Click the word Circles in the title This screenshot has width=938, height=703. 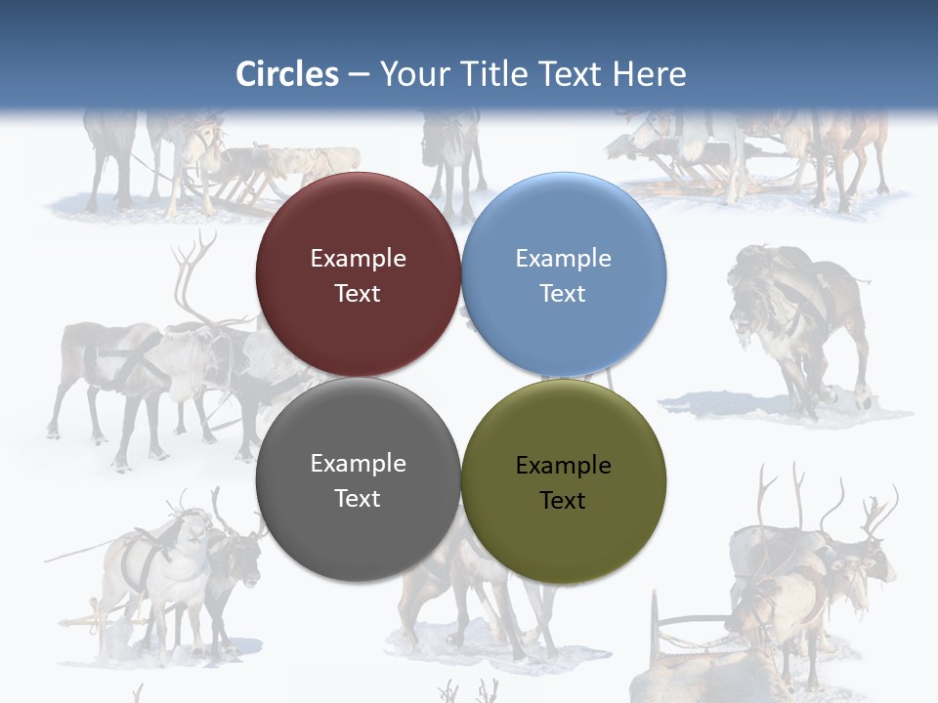[286, 74]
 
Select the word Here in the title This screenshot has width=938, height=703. [650, 74]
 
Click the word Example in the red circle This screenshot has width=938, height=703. [358, 259]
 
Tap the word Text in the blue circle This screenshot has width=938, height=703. [563, 294]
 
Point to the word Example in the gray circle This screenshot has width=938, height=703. [358, 464]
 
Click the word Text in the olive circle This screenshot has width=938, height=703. [563, 501]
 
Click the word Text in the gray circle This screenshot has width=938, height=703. [358, 499]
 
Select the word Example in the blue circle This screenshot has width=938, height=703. [563, 259]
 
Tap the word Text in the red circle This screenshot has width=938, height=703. [358, 294]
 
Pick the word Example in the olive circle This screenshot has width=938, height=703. [563, 466]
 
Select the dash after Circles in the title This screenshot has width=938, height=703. [359, 74]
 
